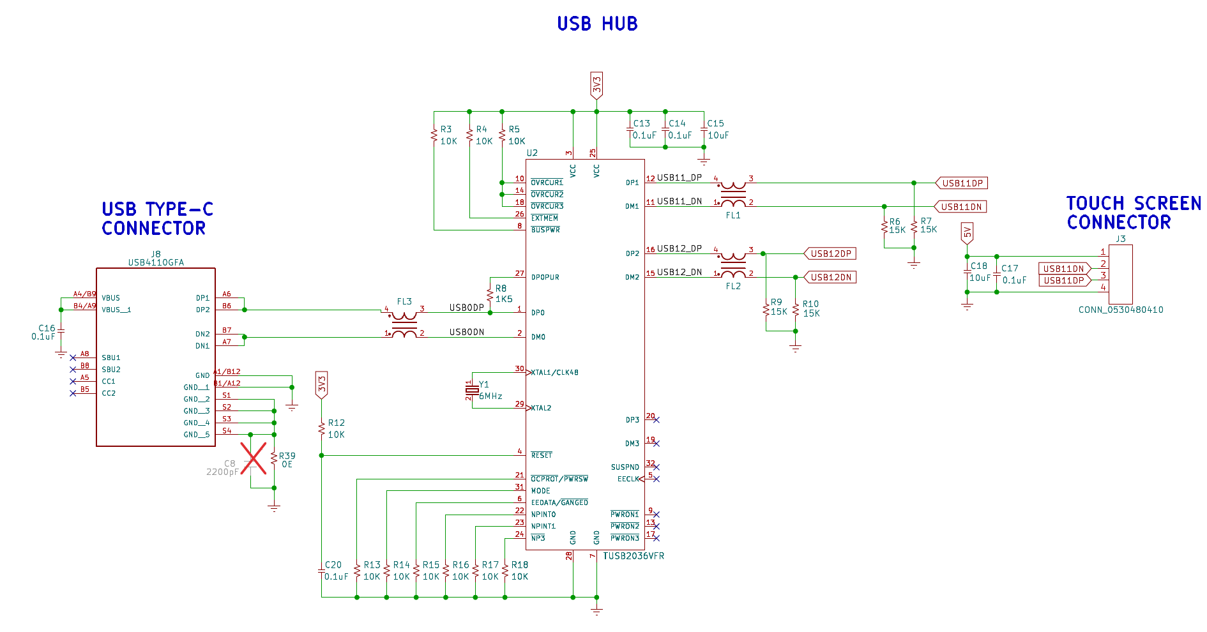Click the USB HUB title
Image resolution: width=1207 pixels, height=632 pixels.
(x=597, y=24)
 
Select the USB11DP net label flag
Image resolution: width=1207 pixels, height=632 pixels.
(x=962, y=183)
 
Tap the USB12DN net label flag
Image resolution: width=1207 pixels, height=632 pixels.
(x=830, y=277)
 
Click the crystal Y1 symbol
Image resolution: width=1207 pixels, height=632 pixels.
(x=472, y=389)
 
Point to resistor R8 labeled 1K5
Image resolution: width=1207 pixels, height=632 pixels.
(x=490, y=295)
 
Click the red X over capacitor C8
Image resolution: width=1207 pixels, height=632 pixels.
(x=254, y=458)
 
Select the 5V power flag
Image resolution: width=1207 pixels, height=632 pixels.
(x=967, y=234)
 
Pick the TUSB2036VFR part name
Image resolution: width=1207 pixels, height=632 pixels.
(x=634, y=556)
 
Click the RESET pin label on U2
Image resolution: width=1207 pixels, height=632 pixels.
(x=542, y=455)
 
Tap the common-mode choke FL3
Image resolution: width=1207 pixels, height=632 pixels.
(x=404, y=324)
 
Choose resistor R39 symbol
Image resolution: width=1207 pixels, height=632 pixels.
(x=274, y=459)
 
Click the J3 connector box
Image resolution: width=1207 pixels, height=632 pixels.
(x=1121, y=274)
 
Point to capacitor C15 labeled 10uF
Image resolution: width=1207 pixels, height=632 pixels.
(x=704, y=132)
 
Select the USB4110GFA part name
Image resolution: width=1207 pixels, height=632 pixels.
(x=156, y=262)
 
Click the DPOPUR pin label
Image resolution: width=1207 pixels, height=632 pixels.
(x=545, y=278)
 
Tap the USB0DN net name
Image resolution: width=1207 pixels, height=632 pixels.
(x=467, y=332)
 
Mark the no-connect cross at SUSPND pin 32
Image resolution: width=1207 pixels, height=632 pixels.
(x=656, y=467)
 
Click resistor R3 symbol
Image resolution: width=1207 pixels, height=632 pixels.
(x=434, y=136)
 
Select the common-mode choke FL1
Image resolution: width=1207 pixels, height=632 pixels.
(x=733, y=194)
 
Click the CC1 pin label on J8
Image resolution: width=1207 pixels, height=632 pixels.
(x=109, y=382)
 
